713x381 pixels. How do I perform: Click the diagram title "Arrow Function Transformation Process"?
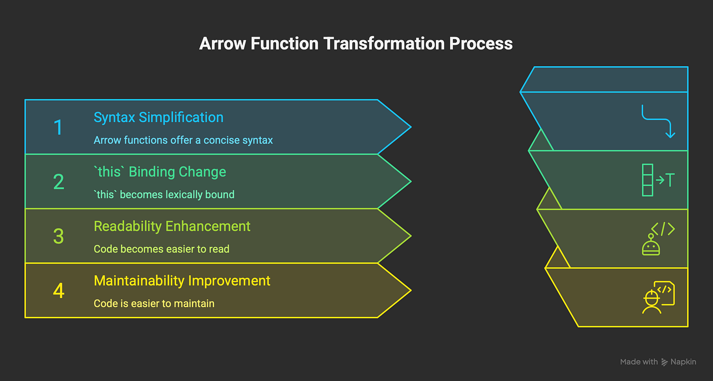click(x=355, y=44)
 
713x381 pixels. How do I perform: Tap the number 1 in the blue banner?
click(x=59, y=127)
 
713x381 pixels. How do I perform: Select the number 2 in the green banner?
click(x=59, y=182)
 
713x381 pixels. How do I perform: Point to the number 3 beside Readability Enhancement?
click(x=59, y=236)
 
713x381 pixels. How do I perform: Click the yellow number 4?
click(x=59, y=290)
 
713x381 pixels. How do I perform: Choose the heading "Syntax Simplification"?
click(x=158, y=118)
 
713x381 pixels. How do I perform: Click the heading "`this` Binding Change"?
click(x=160, y=172)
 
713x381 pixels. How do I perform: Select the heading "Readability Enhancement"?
click(x=172, y=226)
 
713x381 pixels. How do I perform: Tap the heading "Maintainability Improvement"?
click(x=182, y=281)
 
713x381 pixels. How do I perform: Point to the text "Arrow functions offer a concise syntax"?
click(x=183, y=140)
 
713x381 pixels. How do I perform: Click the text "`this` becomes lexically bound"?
click(x=164, y=194)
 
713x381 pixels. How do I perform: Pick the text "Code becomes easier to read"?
click(x=161, y=249)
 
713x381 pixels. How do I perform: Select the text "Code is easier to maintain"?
click(x=154, y=304)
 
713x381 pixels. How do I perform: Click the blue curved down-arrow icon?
click(x=658, y=122)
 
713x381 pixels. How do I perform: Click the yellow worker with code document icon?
click(x=658, y=297)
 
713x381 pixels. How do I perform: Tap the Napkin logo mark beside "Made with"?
click(x=665, y=362)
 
